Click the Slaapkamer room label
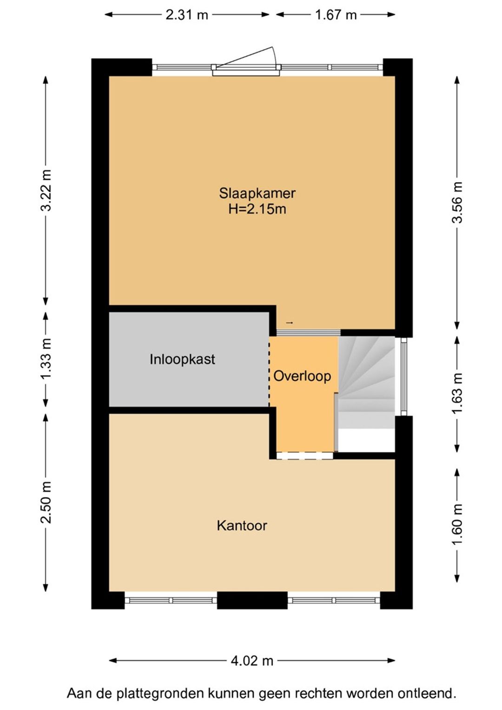pyautogui.click(x=257, y=193)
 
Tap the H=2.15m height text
pyautogui.click(x=257, y=209)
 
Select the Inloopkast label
pyautogui.click(x=182, y=359)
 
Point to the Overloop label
pyautogui.click(x=302, y=376)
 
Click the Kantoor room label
pyautogui.click(x=242, y=525)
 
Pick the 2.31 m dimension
pyautogui.click(x=187, y=15)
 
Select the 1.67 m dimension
pyautogui.click(x=336, y=15)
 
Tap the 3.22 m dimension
pyautogui.click(x=46, y=190)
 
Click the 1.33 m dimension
pyautogui.click(x=46, y=358)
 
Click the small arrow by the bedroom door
pyautogui.click(x=289, y=323)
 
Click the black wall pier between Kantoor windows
pyautogui.click(x=252, y=600)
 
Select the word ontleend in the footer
pyautogui.click(x=431, y=693)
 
